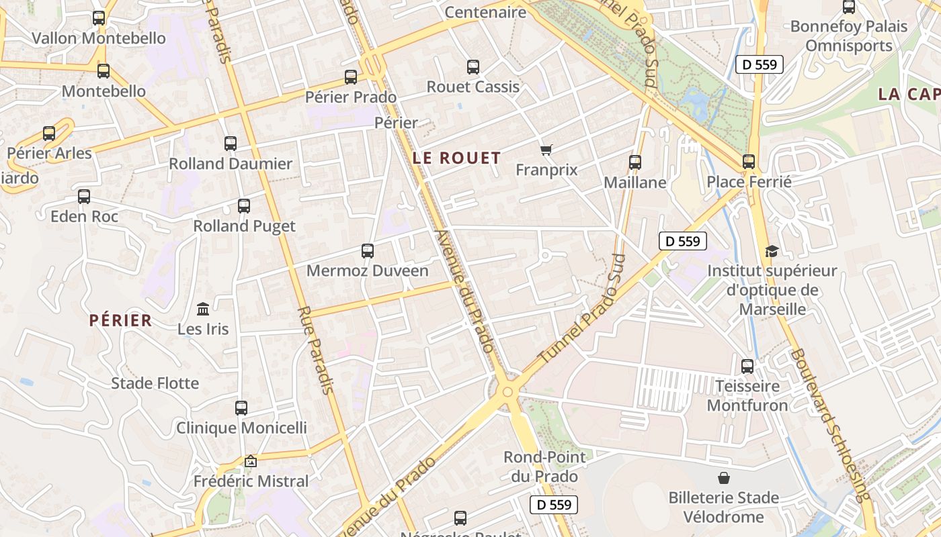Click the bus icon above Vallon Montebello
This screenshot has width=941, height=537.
click(99, 18)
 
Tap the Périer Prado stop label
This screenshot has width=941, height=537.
click(351, 97)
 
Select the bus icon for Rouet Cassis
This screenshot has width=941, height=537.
click(473, 67)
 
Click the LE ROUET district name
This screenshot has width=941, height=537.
click(457, 158)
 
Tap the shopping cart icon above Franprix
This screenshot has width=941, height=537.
click(546, 150)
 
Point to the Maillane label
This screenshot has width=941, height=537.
click(635, 183)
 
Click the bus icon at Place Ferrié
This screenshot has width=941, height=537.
click(749, 162)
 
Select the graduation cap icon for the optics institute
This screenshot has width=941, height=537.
click(772, 252)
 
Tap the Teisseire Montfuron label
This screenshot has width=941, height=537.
click(747, 396)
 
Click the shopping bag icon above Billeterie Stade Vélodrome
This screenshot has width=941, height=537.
click(724, 478)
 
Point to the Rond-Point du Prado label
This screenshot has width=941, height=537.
click(544, 467)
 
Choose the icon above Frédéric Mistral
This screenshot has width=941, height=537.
click(251, 461)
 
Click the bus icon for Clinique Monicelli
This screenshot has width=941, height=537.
click(241, 407)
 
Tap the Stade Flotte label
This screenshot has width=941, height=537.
click(155, 383)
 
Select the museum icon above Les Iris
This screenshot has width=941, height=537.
click(203, 309)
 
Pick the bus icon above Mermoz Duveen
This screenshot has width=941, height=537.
click(367, 251)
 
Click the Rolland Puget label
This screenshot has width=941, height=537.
click(244, 226)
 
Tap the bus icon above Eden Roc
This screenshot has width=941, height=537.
click(84, 197)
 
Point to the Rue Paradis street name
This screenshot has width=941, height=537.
click(316, 350)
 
